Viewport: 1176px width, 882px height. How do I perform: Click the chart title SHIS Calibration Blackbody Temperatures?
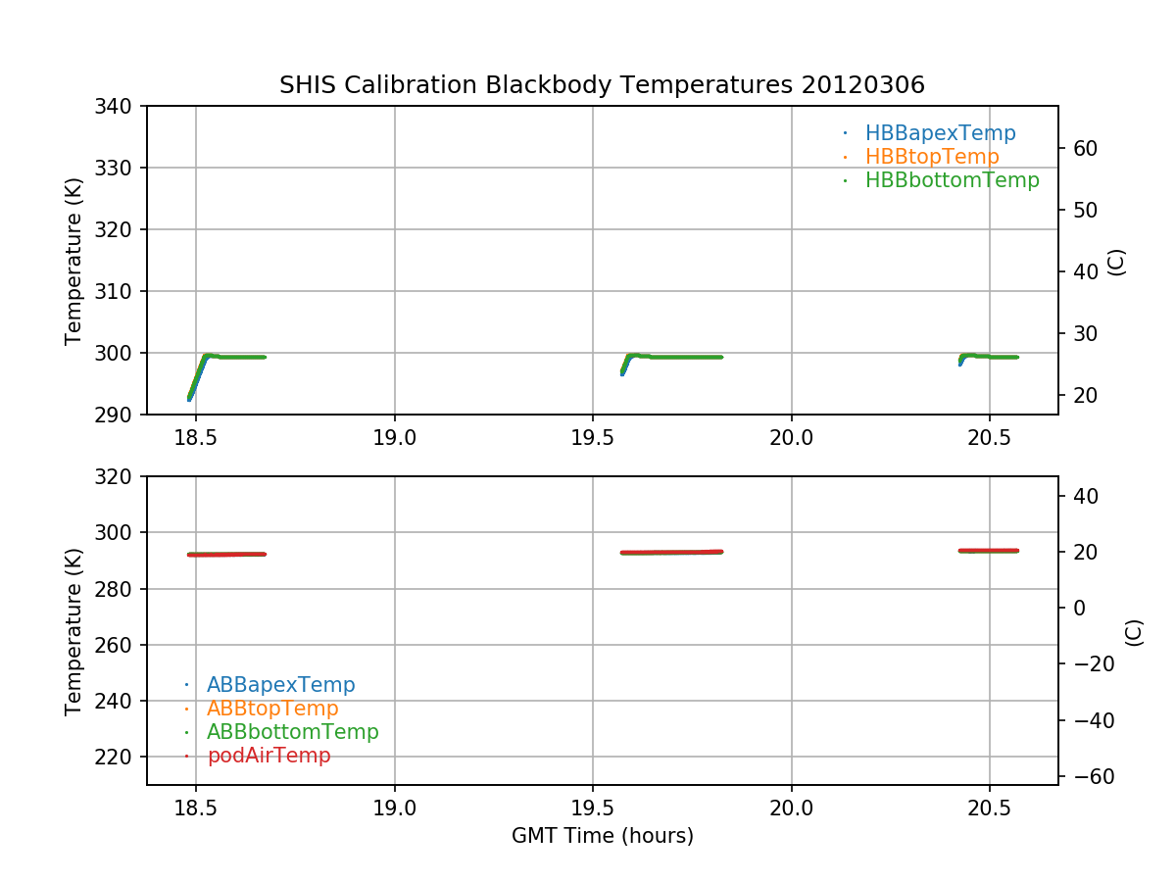(x=602, y=85)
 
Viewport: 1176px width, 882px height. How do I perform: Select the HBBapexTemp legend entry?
(x=940, y=133)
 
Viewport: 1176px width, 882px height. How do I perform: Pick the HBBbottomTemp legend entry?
(x=952, y=180)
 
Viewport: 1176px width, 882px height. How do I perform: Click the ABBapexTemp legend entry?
(x=280, y=685)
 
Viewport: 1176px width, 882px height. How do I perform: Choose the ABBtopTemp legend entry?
(x=272, y=709)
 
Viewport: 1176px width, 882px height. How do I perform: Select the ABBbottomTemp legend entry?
(x=292, y=732)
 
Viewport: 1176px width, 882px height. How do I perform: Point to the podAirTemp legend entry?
(x=269, y=756)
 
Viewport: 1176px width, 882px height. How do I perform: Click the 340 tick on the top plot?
(x=121, y=106)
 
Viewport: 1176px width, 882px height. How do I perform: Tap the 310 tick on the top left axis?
(x=121, y=291)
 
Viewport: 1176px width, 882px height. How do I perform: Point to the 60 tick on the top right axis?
(x=1082, y=149)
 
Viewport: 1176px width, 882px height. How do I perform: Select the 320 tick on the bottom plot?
(x=121, y=476)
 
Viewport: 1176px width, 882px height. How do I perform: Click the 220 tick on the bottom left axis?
(x=121, y=757)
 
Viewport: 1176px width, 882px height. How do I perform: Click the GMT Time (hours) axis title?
(x=602, y=836)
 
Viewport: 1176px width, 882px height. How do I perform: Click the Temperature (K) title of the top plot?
(x=73, y=260)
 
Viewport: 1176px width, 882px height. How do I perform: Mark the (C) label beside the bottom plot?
(x=1134, y=631)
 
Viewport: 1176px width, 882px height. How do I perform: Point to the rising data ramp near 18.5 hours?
(x=197, y=377)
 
